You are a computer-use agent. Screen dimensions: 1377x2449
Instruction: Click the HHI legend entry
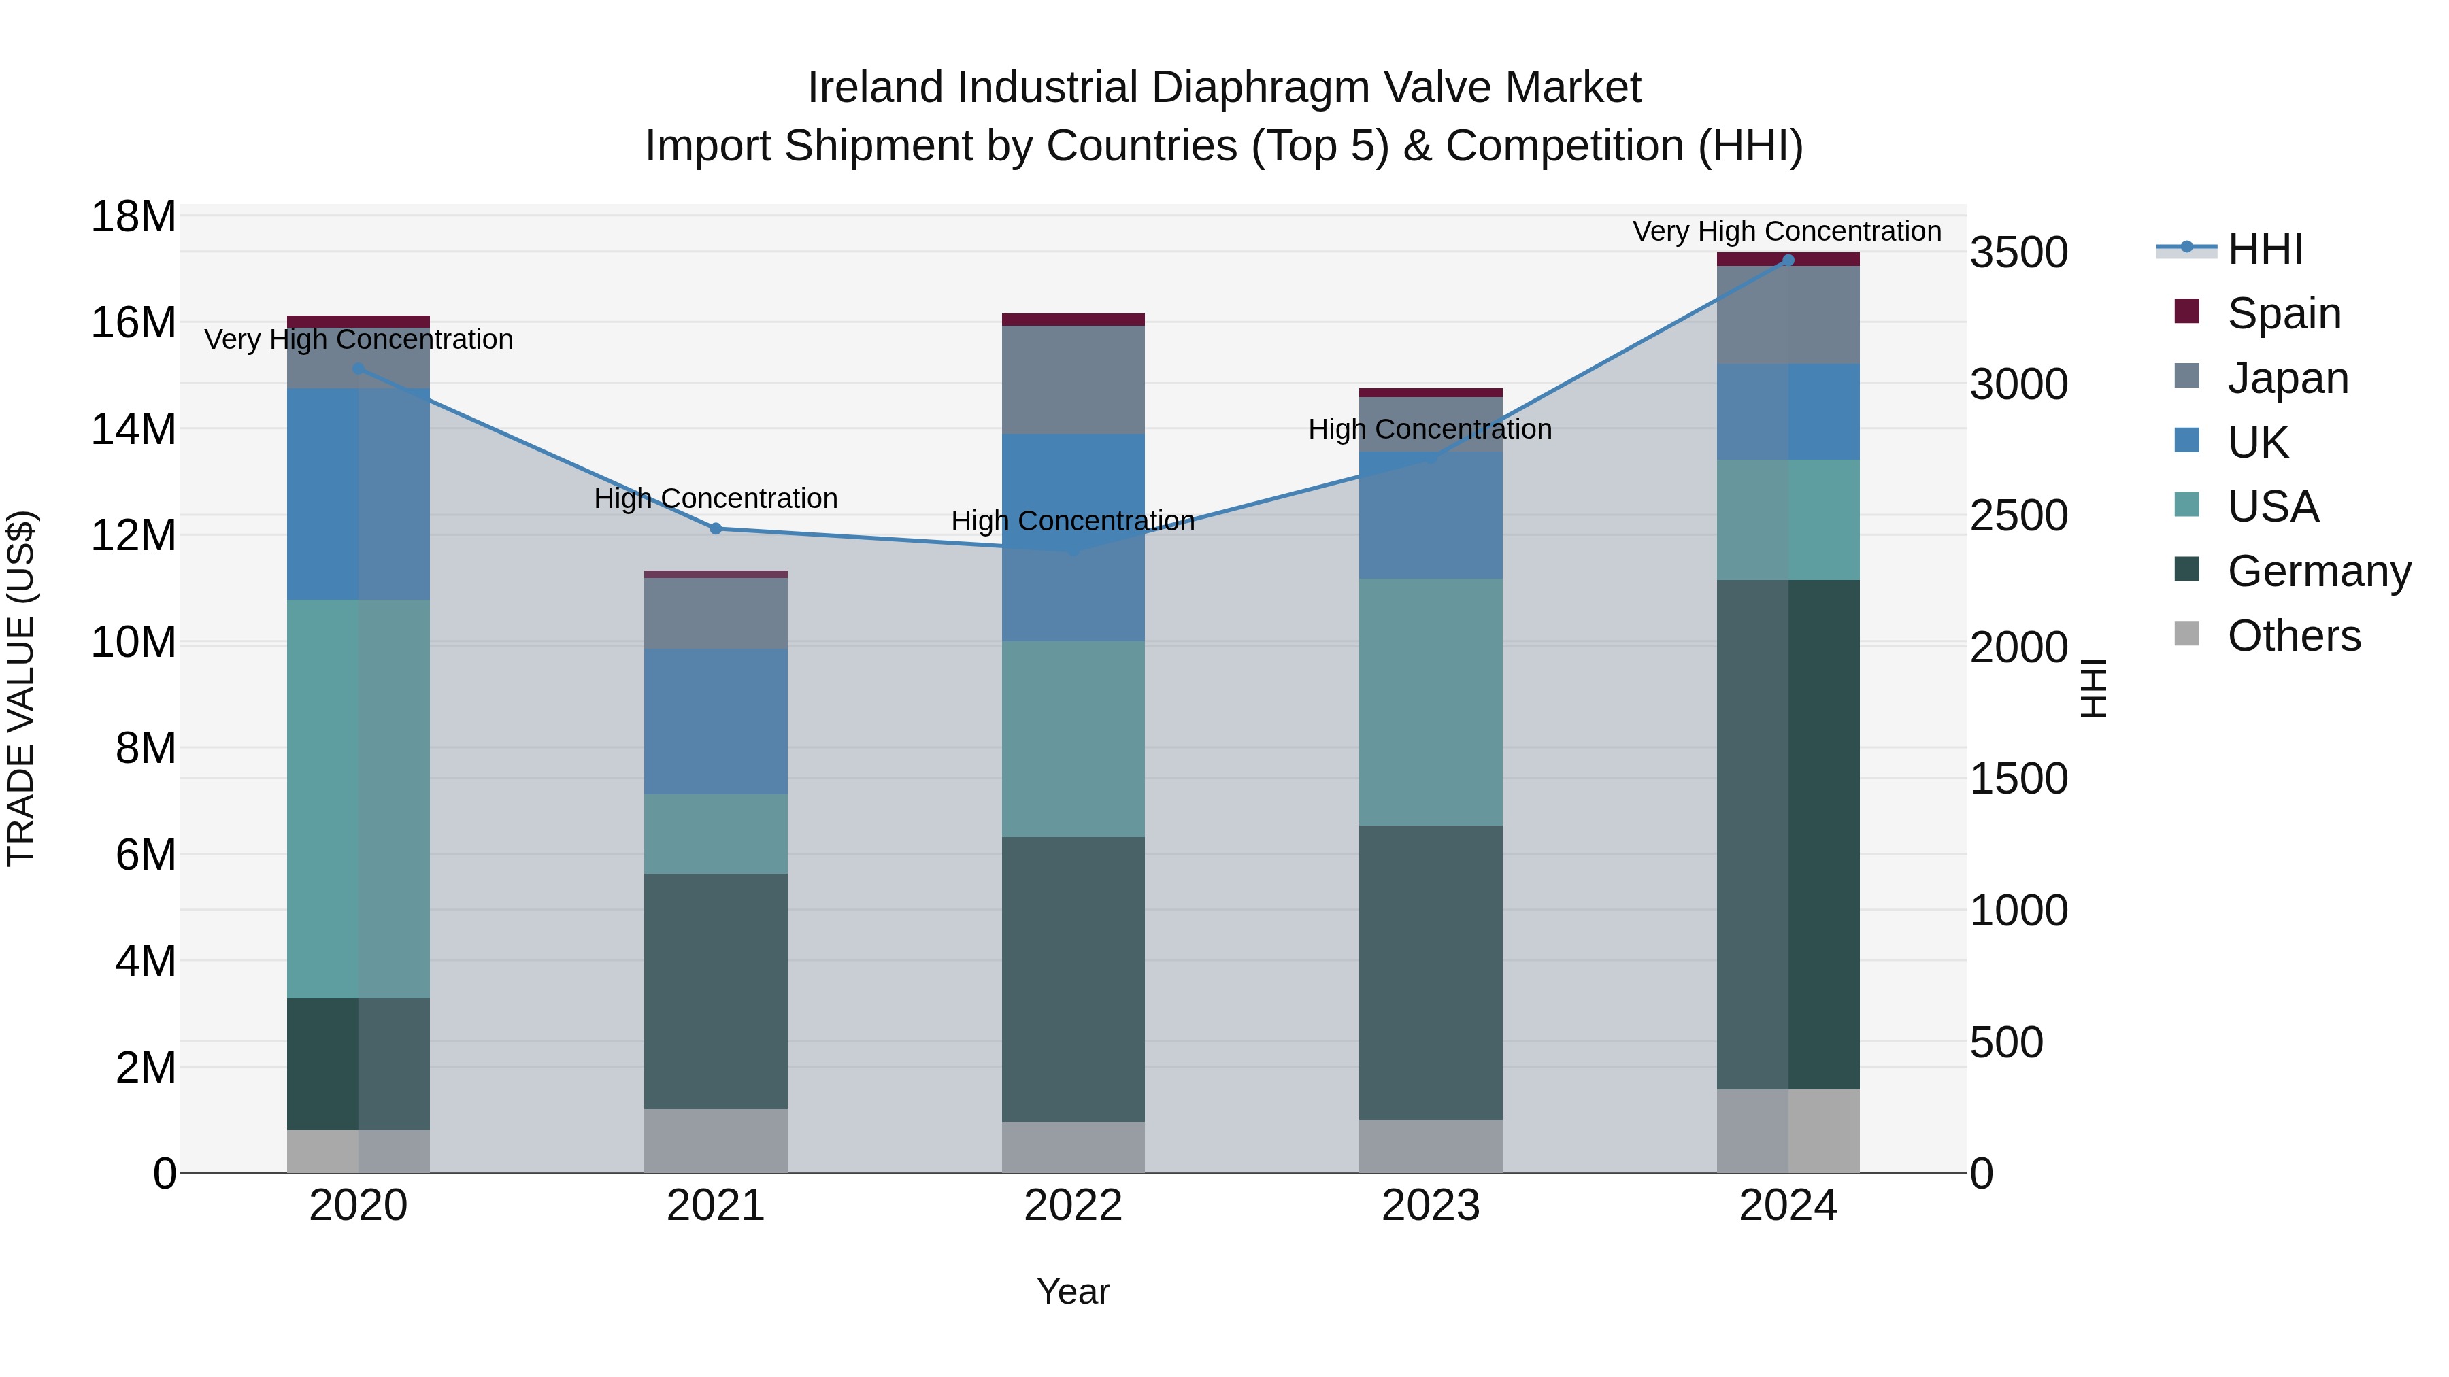tap(2263, 249)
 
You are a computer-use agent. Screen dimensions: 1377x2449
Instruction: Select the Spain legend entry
tap(2282, 313)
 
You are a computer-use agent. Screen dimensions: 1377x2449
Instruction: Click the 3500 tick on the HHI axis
tap(2018, 253)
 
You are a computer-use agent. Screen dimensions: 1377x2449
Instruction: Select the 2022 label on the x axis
tap(1072, 1206)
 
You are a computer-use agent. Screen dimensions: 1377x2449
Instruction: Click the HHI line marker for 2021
tap(716, 528)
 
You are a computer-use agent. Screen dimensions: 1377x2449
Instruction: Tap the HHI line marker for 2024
tap(1787, 260)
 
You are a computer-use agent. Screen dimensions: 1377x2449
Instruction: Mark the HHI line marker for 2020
tap(359, 369)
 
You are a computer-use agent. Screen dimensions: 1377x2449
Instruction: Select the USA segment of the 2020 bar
tap(359, 798)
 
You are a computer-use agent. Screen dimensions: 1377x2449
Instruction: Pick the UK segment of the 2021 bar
tap(716, 721)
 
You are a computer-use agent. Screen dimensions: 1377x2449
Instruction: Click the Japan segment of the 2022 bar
tap(1072, 379)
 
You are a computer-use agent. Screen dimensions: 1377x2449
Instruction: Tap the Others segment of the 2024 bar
tap(1787, 1130)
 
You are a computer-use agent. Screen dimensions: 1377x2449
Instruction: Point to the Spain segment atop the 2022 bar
tap(1072, 320)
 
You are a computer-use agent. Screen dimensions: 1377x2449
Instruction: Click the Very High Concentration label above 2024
tap(1786, 231)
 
